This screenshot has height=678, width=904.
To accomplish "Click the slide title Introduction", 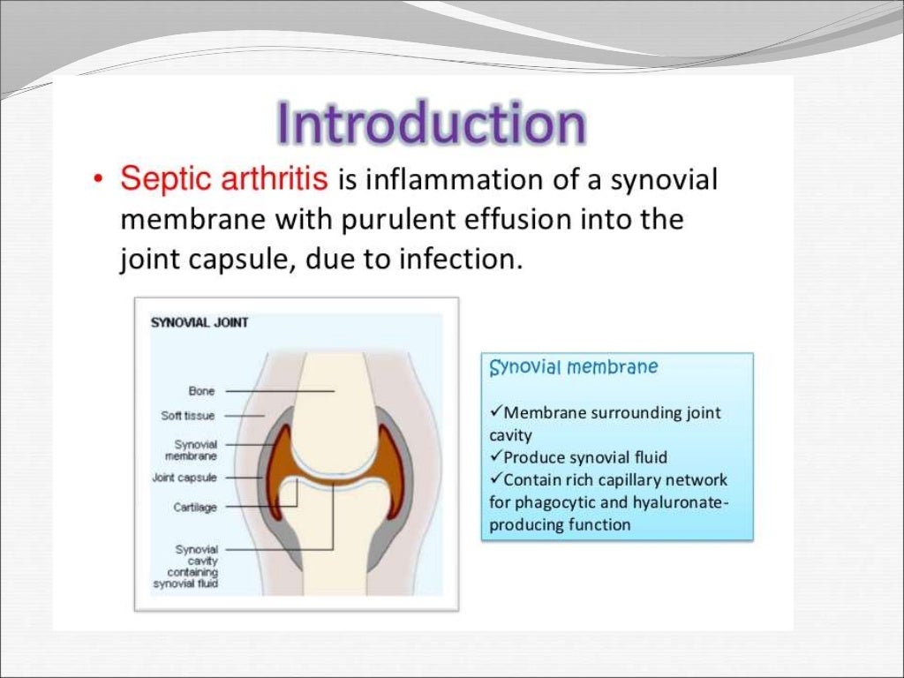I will tap(430, 124).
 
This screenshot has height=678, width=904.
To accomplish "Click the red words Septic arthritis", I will tap(224, 180).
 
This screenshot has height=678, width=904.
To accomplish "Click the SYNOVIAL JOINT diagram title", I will tap(200, 323).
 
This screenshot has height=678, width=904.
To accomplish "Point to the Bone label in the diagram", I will tap(201, 390).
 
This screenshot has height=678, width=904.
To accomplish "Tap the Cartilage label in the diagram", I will tap(195, 508).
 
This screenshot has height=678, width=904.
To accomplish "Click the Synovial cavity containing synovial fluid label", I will tap(186, 566).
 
